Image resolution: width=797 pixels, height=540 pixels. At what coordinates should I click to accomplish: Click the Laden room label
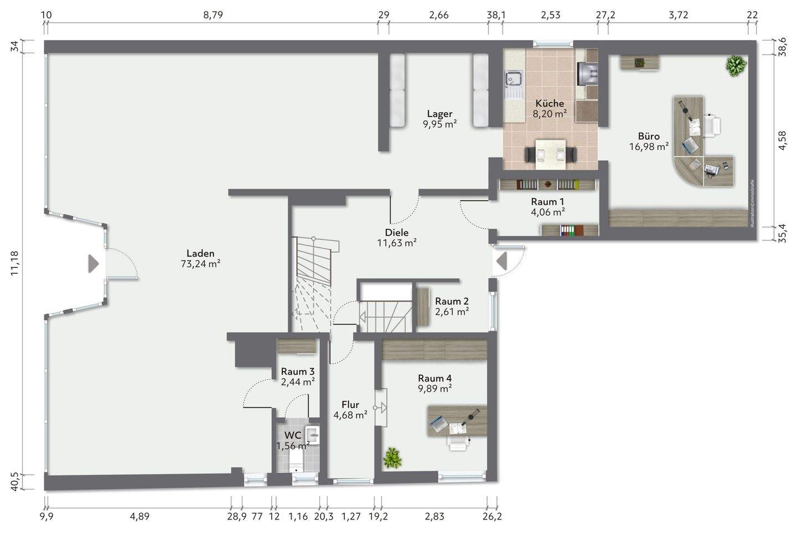(x=200, y=254)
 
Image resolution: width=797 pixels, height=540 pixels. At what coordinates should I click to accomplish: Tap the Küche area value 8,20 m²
(x=549, y=114)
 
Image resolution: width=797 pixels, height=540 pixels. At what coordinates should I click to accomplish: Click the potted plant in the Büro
(x=736, y=65)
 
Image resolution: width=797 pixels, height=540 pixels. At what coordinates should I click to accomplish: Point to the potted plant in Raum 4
(x=392, y=458)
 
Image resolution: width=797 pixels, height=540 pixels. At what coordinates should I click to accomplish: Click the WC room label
(x=293, y=436)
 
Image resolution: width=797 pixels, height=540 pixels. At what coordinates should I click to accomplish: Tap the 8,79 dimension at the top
(x=213, y=15)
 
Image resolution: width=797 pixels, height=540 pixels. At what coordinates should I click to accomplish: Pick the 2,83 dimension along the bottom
(x=434, y=517)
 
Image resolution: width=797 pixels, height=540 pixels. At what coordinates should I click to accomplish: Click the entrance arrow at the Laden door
(x=93, y=264)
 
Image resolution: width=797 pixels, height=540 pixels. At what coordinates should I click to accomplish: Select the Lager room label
(x=439, y=114)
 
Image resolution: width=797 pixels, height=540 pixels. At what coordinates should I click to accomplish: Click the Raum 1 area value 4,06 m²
(x=547, y=211)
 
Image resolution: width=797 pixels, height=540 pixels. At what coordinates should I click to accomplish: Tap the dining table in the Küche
(x=550, y=153)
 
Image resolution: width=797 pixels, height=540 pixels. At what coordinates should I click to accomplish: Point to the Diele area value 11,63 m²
(x=396, y=242)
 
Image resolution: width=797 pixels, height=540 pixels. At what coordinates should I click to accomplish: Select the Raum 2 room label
(x=452, y=301)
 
